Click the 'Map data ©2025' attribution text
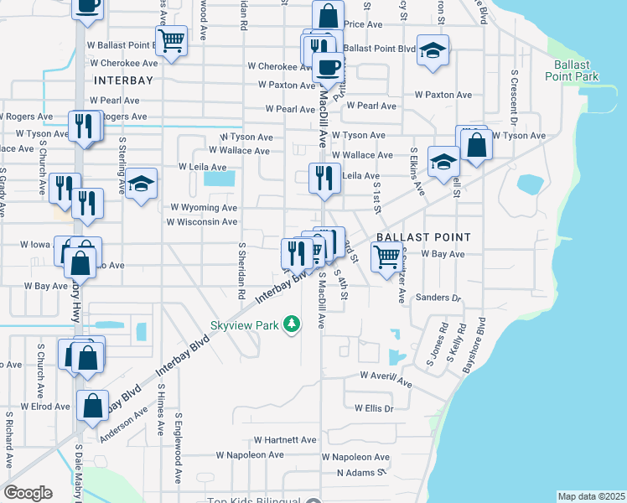[x=591, y=496]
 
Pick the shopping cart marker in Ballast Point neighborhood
[x=386, y=260]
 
